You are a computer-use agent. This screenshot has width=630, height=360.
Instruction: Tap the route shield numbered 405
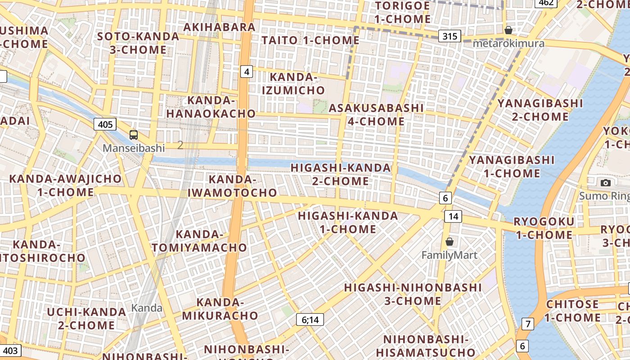point(105,124)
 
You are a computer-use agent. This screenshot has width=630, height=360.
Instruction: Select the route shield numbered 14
point(453,216)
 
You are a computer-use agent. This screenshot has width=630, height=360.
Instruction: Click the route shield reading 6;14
point(310,320)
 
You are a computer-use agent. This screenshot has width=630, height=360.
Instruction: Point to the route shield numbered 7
point(527,324)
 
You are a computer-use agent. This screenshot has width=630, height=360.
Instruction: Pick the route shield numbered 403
point(11,351)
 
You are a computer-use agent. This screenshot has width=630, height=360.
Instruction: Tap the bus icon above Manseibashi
point(134,135)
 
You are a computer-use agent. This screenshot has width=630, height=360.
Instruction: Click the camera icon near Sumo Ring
point(606,183)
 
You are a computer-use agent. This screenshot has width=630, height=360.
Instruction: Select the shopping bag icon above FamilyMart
point(449,242)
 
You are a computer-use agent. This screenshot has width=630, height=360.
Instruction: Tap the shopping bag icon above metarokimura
point(508,30)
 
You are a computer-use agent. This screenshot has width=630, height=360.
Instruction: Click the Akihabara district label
point(220,27)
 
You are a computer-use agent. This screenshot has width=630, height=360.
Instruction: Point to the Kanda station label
point(147,308)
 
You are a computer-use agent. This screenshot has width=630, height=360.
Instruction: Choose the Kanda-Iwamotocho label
point(232,186)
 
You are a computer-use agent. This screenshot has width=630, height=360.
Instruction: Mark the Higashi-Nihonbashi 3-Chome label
point(413,294)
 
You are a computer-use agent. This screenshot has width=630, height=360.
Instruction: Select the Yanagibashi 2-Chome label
point(540,110)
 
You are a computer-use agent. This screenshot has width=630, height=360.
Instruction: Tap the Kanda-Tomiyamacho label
point(199,241)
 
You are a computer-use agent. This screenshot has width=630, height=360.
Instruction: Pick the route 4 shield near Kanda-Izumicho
point(247,71)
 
